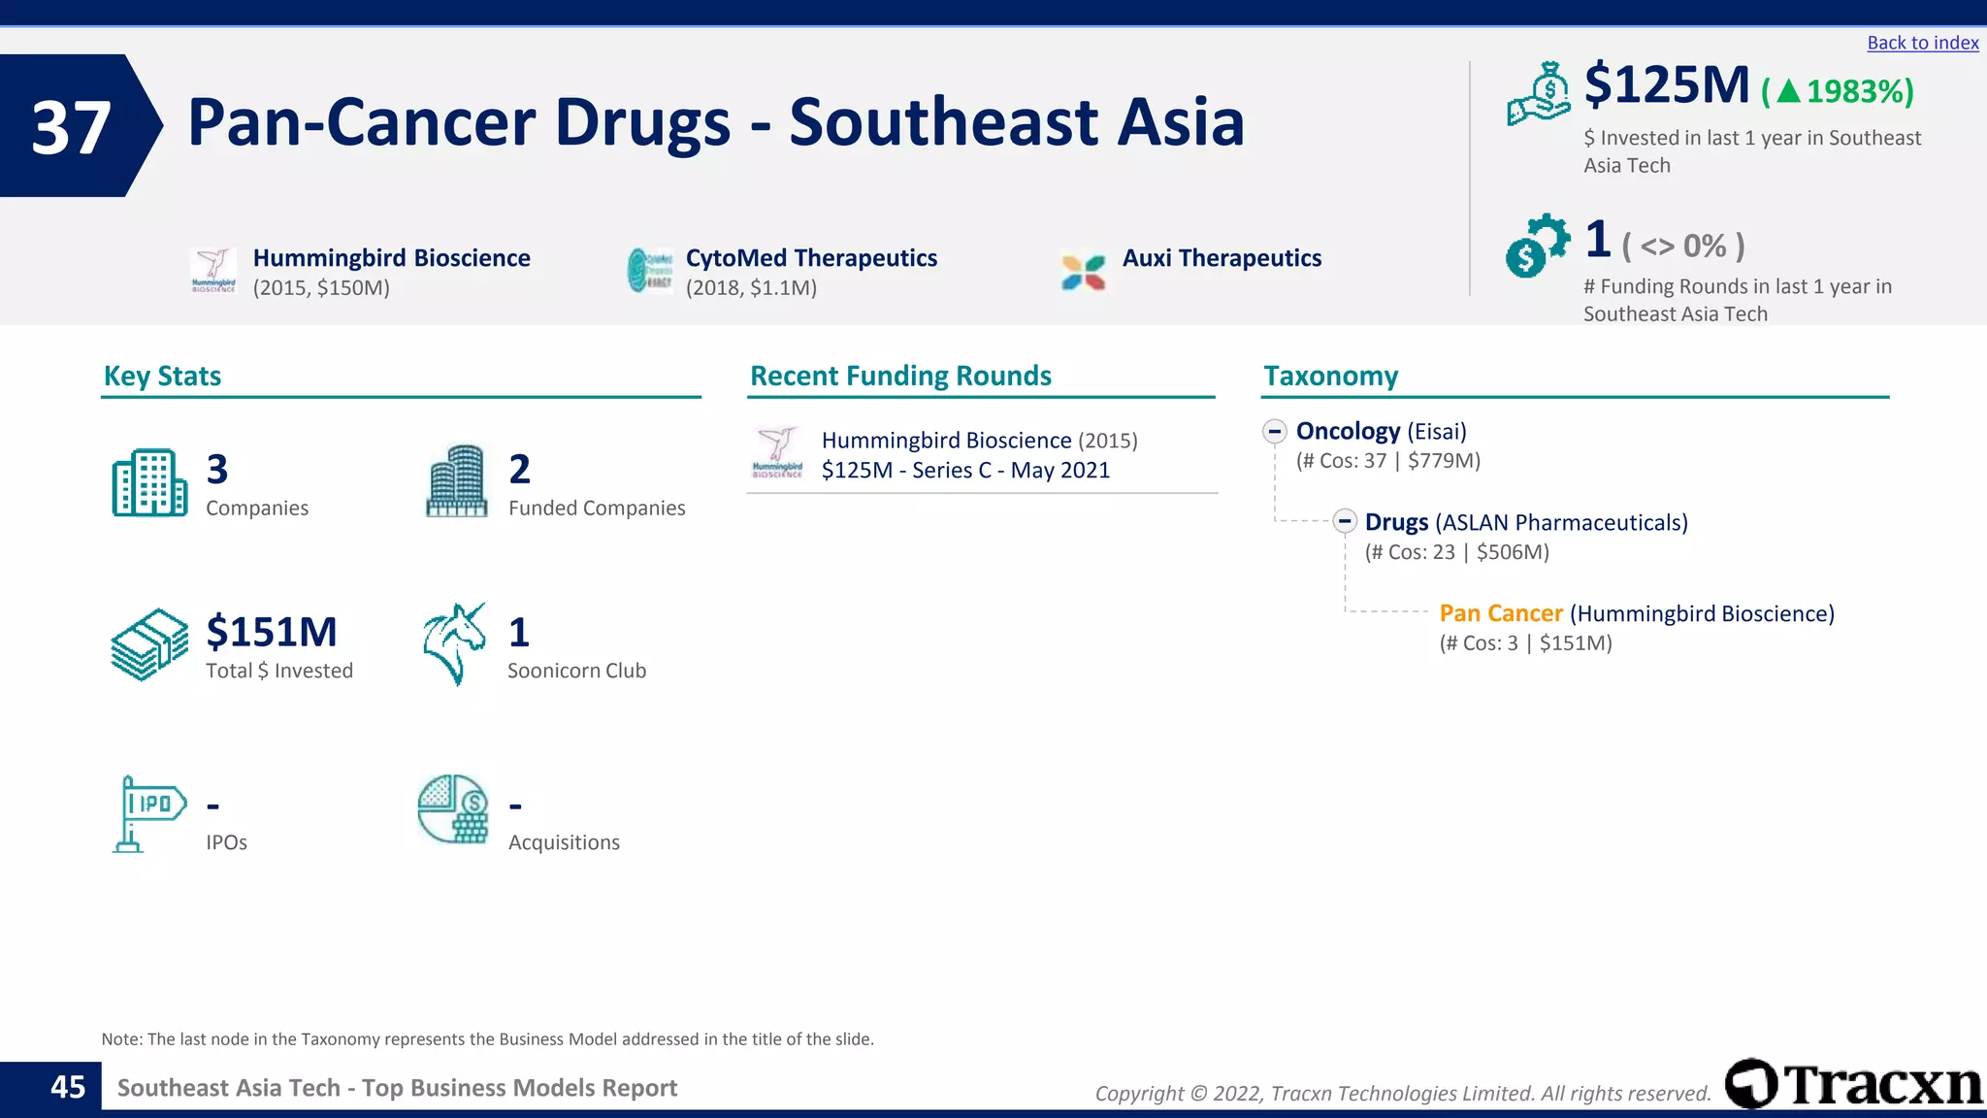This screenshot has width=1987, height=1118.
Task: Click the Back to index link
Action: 1922,43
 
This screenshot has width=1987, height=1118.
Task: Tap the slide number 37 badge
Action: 72,126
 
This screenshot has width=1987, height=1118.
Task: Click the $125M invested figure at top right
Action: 1667,85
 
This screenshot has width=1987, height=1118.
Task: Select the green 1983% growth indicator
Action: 1838,91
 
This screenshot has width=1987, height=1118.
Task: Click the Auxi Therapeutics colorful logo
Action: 1083,272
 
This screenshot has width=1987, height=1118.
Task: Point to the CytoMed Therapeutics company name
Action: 811,258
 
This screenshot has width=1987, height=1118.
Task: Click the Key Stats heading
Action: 162,377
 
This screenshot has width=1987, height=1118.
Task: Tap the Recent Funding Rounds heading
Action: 900,377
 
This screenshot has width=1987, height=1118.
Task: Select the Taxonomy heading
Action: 1330,377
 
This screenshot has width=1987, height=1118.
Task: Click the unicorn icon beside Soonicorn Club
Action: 454,643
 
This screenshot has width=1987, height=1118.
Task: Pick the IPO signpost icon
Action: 148,812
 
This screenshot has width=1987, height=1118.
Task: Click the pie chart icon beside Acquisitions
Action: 453,809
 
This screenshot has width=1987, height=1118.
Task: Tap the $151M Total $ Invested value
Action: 272,633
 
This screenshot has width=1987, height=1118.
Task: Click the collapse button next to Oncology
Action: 1275,431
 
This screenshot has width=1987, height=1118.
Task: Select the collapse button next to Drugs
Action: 1344,522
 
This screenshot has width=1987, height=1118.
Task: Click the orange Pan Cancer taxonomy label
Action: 1500,613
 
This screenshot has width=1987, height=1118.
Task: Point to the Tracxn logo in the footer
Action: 1853,1084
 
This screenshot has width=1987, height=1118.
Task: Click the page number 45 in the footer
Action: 68,1087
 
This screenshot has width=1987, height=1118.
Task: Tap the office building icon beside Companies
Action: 149,482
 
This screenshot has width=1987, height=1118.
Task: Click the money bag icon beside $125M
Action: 1539,93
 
